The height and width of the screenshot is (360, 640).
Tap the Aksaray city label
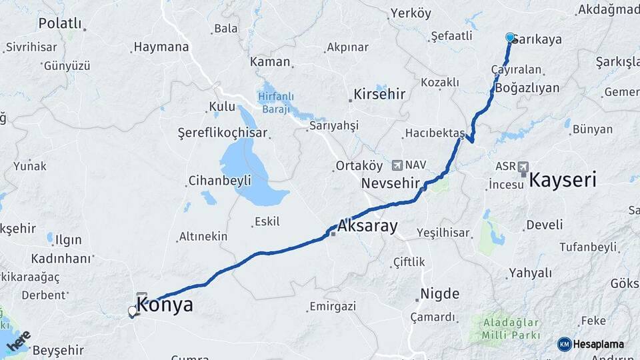point(367,226)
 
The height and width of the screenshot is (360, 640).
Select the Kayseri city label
point(563,179)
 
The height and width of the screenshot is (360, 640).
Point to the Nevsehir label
point(390,183)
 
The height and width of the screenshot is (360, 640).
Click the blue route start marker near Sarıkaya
point(511,37)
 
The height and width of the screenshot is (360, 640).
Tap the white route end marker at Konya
point(133,311)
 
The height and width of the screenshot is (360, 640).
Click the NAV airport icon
point(398,164)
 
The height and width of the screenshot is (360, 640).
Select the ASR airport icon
point(522,165)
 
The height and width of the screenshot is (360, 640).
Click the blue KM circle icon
point(565,344)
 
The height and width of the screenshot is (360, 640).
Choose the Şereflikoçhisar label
point(223,133)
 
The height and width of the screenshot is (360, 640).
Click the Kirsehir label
point(379,94)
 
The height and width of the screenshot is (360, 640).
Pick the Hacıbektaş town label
point(433,133)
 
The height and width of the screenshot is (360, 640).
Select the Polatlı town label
point(60,23)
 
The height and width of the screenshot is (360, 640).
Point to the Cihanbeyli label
point(219,181)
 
